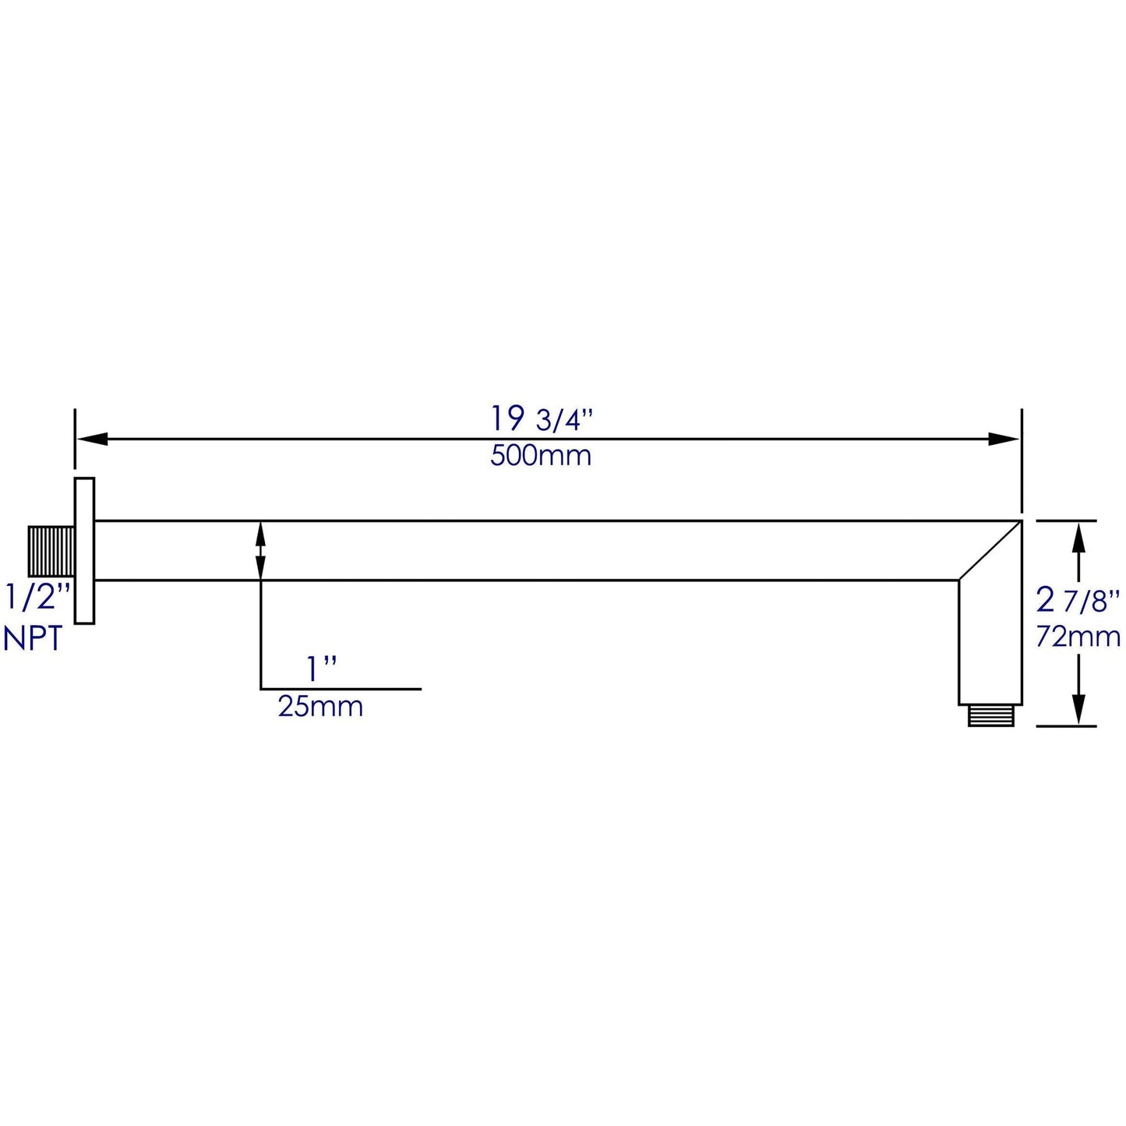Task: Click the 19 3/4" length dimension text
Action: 541,420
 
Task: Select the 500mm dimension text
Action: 541,456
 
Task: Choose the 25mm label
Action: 320,707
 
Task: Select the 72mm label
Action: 1078,637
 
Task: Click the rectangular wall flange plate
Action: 84,550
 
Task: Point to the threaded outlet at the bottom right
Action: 990,715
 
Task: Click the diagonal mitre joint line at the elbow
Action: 990,550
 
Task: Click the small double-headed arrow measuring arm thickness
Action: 260,550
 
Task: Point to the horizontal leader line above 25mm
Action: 341,689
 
